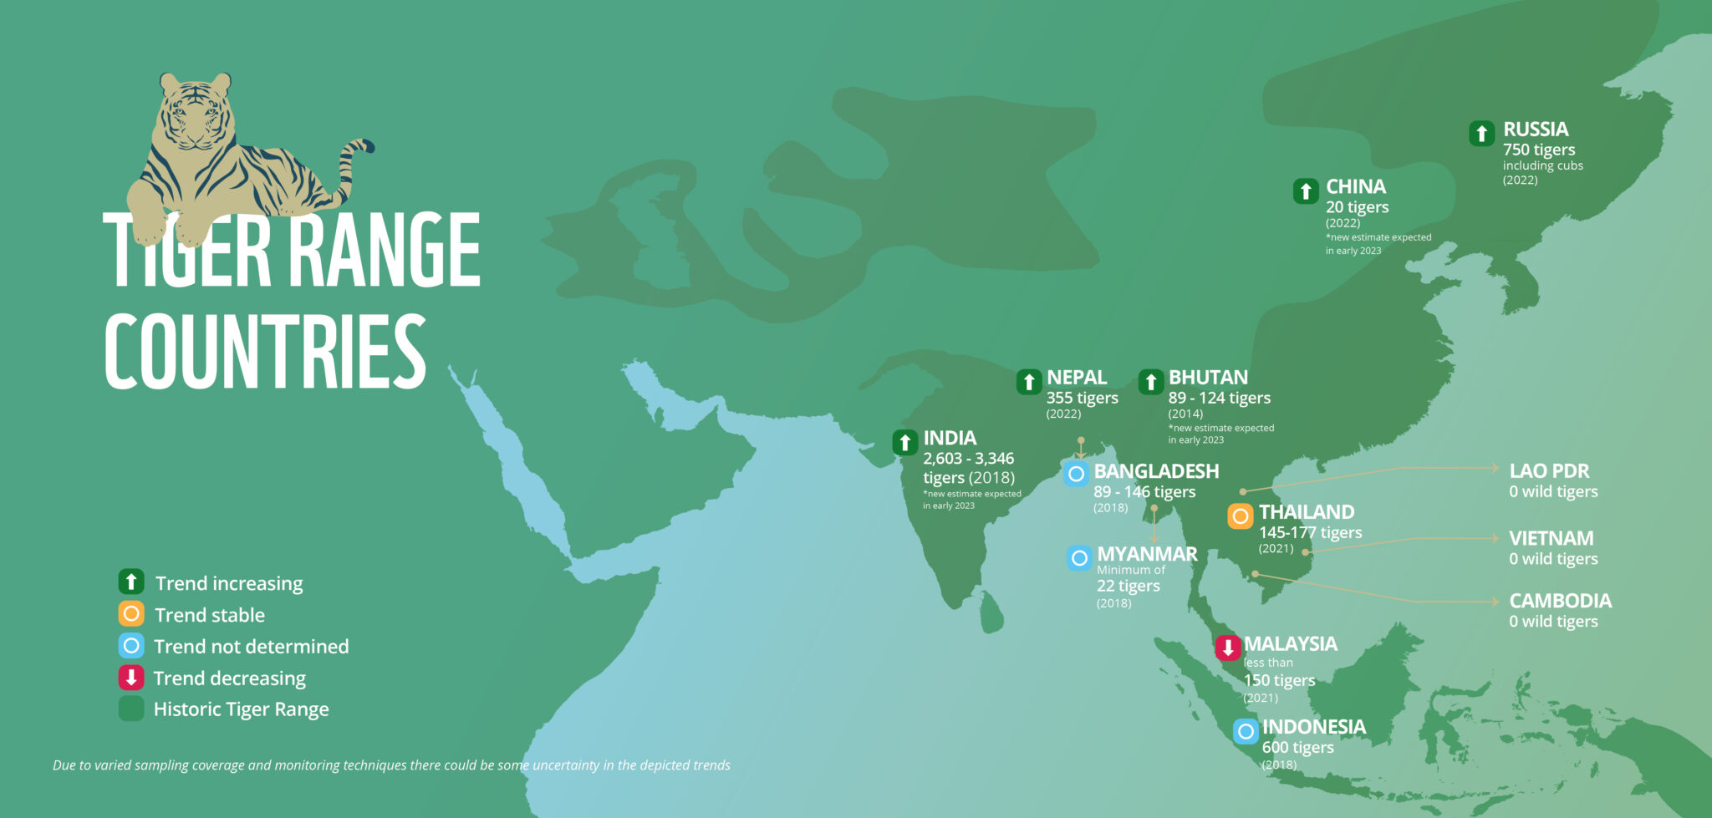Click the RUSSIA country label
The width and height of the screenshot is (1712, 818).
tap(1536, 130)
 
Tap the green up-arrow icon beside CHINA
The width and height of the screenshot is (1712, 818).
tap(1306, 191)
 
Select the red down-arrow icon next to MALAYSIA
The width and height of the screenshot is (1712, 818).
tap(1228, 648)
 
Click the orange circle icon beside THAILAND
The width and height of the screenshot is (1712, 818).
tap(1241, 516)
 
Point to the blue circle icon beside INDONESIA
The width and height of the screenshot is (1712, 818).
tap(1246, 731)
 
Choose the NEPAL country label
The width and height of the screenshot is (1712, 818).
tap(1077, 378)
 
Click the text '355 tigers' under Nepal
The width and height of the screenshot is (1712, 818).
tap(1082, 398)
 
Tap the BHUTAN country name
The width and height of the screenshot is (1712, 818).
tap(1208, 378)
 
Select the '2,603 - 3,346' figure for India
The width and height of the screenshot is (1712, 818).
tap(968, 458)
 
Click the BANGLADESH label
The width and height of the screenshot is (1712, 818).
tap(1156, 471)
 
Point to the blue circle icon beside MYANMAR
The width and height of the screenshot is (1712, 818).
tap(1079, 557)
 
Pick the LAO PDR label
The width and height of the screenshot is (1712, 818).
tap(1549, 471)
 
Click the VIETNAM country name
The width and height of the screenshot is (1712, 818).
tap(1551, 538)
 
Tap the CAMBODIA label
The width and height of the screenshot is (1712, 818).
tap(1560, 601)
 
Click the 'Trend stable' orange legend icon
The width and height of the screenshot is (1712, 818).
tap(131, 614)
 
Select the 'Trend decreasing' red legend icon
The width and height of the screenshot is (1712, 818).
tap(131, 678)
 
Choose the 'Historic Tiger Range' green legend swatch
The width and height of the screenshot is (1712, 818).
tap(131, 709)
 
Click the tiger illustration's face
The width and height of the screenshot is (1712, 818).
tap(196, 117)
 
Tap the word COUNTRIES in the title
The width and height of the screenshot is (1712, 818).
tap(265, 353)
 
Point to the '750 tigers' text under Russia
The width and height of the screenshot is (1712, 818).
tap(1539, 150)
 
